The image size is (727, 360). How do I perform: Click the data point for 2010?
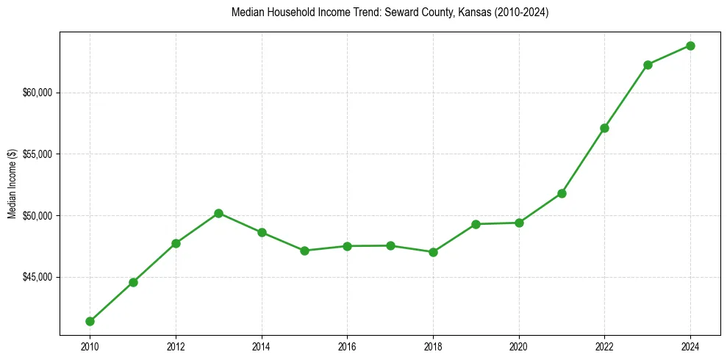point(90,321)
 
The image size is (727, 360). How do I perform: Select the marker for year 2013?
point(218,213)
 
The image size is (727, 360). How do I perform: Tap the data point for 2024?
point(690,46)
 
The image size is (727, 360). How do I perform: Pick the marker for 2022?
point(604,128)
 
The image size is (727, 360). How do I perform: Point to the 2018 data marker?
point(433,252)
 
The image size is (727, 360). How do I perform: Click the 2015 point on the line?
point(304,251)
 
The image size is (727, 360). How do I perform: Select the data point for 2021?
point(562,193)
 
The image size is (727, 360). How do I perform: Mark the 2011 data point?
point(133,282)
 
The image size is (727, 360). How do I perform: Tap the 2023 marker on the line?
point(648,65)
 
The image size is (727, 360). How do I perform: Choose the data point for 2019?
point(476,224)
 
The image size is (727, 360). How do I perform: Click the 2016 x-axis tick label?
point(347,347)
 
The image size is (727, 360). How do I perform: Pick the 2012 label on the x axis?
point(176,347)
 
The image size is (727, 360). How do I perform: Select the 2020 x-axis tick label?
point(519,347)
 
